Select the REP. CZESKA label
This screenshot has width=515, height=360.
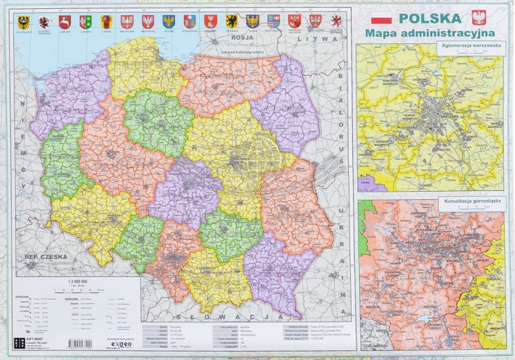(x=40, y=258)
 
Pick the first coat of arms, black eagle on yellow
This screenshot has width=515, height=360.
(x=23, y=21)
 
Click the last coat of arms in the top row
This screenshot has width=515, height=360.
(x=336, y=21)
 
